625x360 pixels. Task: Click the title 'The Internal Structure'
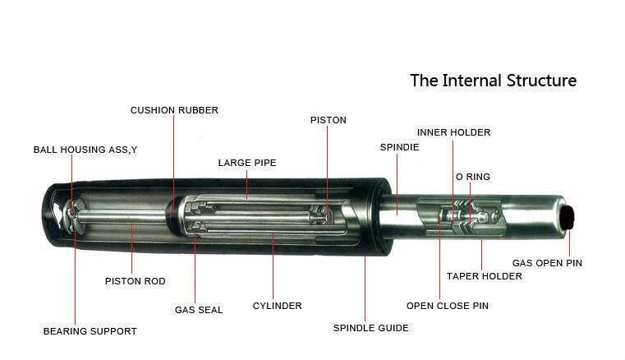tap(493, 81)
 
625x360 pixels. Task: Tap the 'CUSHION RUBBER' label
tap(174, 110)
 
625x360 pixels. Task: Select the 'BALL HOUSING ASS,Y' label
tap(85, 150)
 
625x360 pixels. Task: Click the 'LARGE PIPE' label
tap(246, 163)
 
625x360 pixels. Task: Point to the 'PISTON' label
tap(328, 120)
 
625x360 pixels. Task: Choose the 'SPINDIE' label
tap(399, 147)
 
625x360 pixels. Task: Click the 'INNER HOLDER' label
tap(453, 132)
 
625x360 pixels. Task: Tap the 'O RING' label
tap(472, 177)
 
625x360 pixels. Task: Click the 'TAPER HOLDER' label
tap(484, 276)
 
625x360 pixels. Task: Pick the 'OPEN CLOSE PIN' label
tap(447, 306)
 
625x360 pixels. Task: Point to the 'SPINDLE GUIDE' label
tap(370, 328)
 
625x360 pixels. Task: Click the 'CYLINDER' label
tap(277, 306)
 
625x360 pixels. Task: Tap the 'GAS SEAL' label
tap(198, 310)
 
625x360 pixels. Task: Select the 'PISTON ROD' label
tap(135, 281)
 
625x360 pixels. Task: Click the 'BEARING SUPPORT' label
tap(90, 331)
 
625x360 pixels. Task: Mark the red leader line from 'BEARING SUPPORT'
tap(75, 279)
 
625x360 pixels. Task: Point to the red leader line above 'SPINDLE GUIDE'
tap(365, 288)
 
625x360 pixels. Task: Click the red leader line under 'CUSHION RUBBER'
tap(174, 156)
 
